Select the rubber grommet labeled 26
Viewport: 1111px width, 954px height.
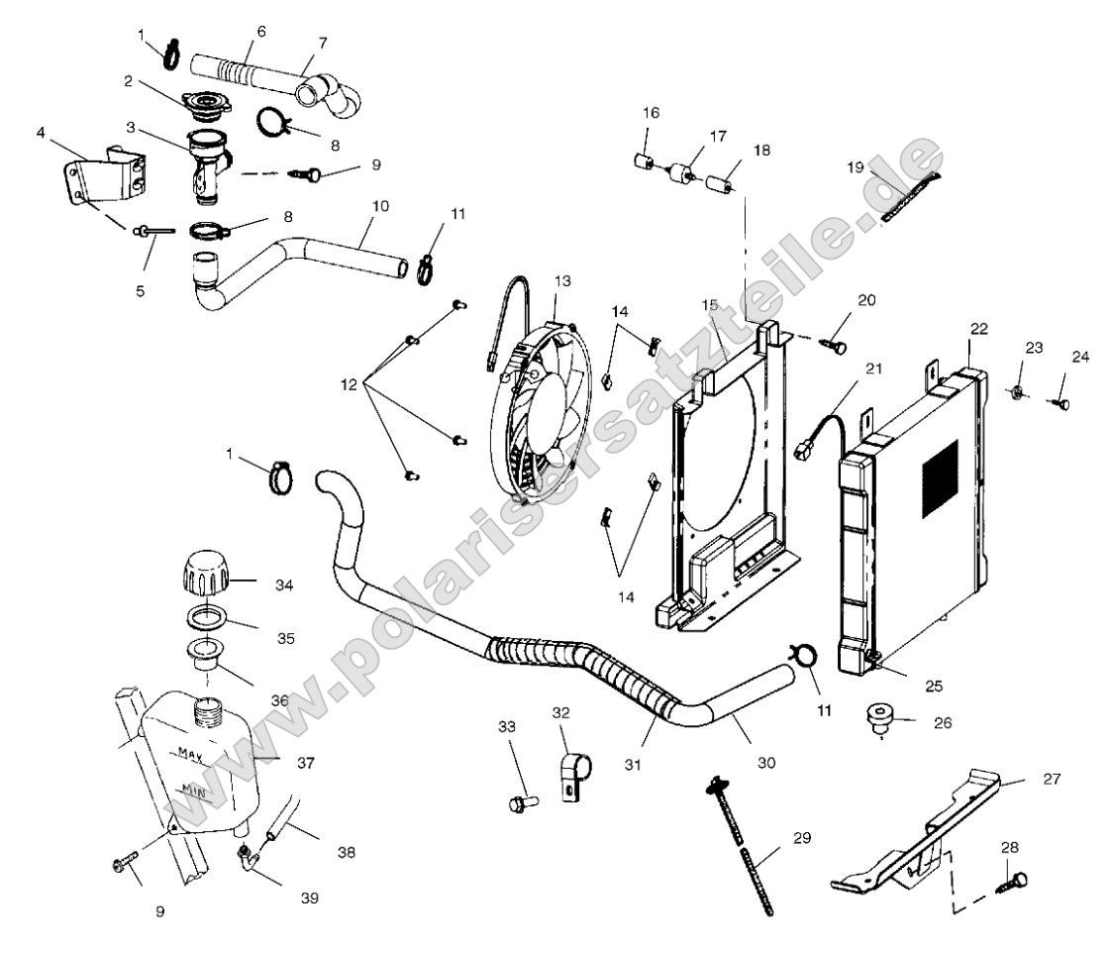(878, 719)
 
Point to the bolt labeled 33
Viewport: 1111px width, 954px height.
(521, 801)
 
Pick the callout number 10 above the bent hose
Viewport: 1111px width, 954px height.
(381, 205)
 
